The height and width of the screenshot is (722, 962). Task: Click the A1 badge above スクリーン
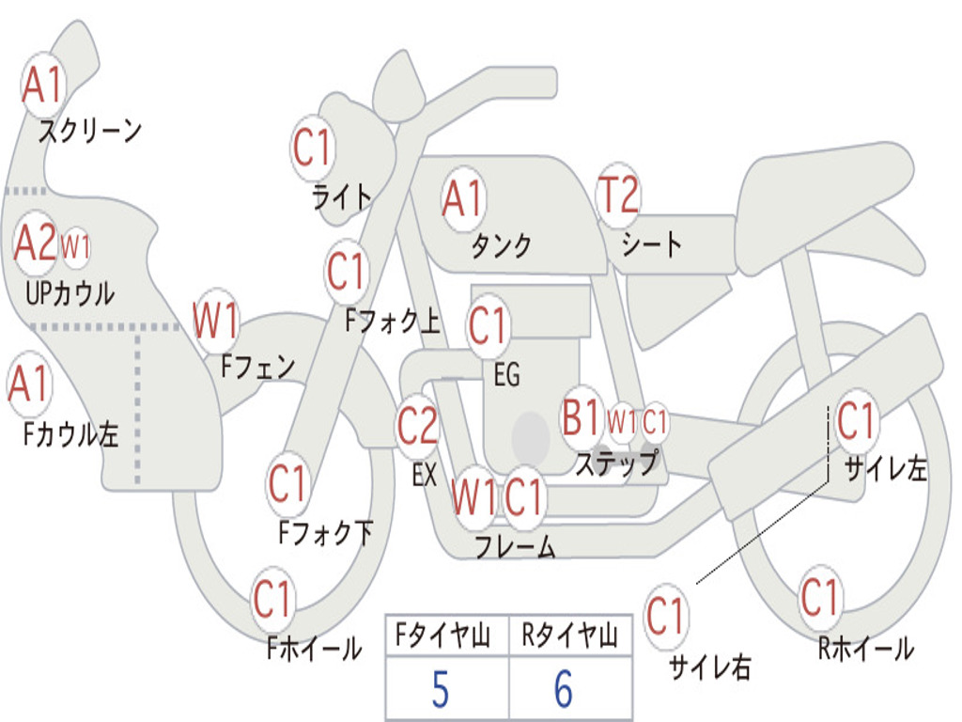(43, 85)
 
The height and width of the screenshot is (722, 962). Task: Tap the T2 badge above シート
(618, 195)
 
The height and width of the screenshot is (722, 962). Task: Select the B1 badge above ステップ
(581, 417)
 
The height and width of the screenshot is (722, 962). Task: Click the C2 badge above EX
(417, 426)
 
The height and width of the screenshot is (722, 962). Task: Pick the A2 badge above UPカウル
(36, 243)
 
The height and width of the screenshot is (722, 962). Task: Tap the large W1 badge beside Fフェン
(216, 321)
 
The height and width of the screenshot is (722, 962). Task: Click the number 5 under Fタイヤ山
(441, 689)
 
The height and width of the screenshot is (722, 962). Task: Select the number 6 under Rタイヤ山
(565, 689)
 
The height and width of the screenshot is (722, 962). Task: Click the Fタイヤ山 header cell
(447, 636)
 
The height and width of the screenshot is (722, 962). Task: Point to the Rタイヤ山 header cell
(570, 636)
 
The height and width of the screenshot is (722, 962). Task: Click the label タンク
(502, 245)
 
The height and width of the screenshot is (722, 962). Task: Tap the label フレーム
(516, 546)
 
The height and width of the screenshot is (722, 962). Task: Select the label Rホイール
(865, 649)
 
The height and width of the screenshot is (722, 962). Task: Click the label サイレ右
(710, 667)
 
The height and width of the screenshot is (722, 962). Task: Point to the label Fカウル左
(70, 433)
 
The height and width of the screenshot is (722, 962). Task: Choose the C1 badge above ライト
(313, 148)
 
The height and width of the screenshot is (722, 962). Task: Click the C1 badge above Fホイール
(272, 599)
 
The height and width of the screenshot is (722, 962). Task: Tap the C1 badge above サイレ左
(857, 421)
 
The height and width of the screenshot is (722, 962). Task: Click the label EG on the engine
(506, 374)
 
